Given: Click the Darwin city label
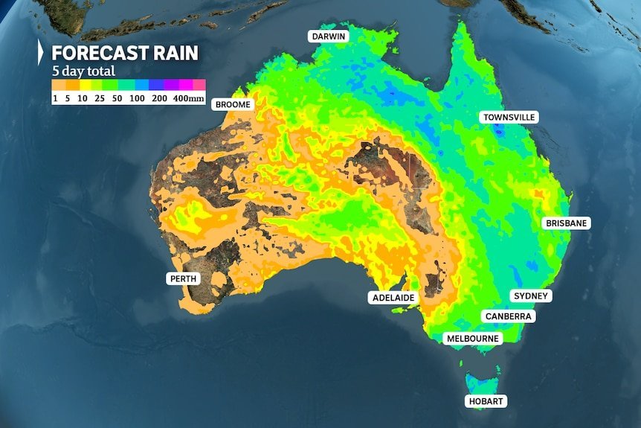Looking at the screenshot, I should point(329,36).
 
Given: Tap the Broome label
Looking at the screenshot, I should point(233,105).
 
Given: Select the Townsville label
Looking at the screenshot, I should point(509,118).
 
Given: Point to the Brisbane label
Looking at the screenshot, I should point(567,223).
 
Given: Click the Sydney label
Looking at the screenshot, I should point(531,296).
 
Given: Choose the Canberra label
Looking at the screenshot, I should point(509,316).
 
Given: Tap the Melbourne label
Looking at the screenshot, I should point(473,339).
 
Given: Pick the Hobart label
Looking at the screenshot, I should point(486,401).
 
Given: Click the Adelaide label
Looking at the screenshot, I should point(393,298).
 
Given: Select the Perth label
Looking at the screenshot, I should point(183,279).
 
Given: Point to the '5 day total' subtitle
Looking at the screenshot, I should point(83,71).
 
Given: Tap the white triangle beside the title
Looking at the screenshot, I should point(41,54).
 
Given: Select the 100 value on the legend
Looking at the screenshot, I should point(138,98).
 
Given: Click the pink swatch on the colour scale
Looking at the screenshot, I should point(199,85).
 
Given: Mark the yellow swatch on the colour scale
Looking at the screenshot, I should point(86,85).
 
